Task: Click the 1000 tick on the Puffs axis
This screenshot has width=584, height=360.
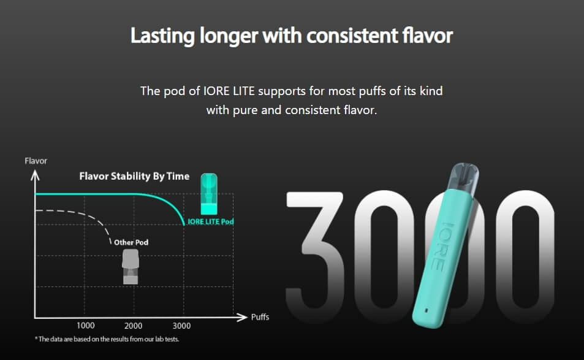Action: coord(86,326)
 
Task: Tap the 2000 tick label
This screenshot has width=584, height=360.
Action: coord(134,326)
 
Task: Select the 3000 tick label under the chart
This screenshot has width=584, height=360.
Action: coord(182,326)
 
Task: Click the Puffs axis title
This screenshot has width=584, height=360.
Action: coord(260,317)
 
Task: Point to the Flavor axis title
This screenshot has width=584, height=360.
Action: coord(36,161)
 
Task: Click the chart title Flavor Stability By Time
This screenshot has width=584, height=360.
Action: coord(134,176)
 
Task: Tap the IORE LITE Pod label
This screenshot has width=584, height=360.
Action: coord(210,222)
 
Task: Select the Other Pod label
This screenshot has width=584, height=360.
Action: coord(131,242)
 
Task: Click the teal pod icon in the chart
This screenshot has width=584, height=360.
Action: coord(209,194)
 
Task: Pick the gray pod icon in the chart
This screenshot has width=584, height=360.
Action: coord(131,267)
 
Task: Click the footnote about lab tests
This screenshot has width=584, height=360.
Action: coord(107,339)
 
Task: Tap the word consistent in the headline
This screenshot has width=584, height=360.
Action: coord(352,36)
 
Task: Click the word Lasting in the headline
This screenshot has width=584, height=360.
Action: coord(162,37)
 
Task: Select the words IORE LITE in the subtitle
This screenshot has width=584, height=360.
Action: coord(229,91)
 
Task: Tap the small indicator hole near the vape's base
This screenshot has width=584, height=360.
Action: coord(427,310)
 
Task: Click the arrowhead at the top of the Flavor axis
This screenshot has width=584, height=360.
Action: coord(35,175)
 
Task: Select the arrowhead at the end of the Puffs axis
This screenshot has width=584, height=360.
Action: coord(242,317)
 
